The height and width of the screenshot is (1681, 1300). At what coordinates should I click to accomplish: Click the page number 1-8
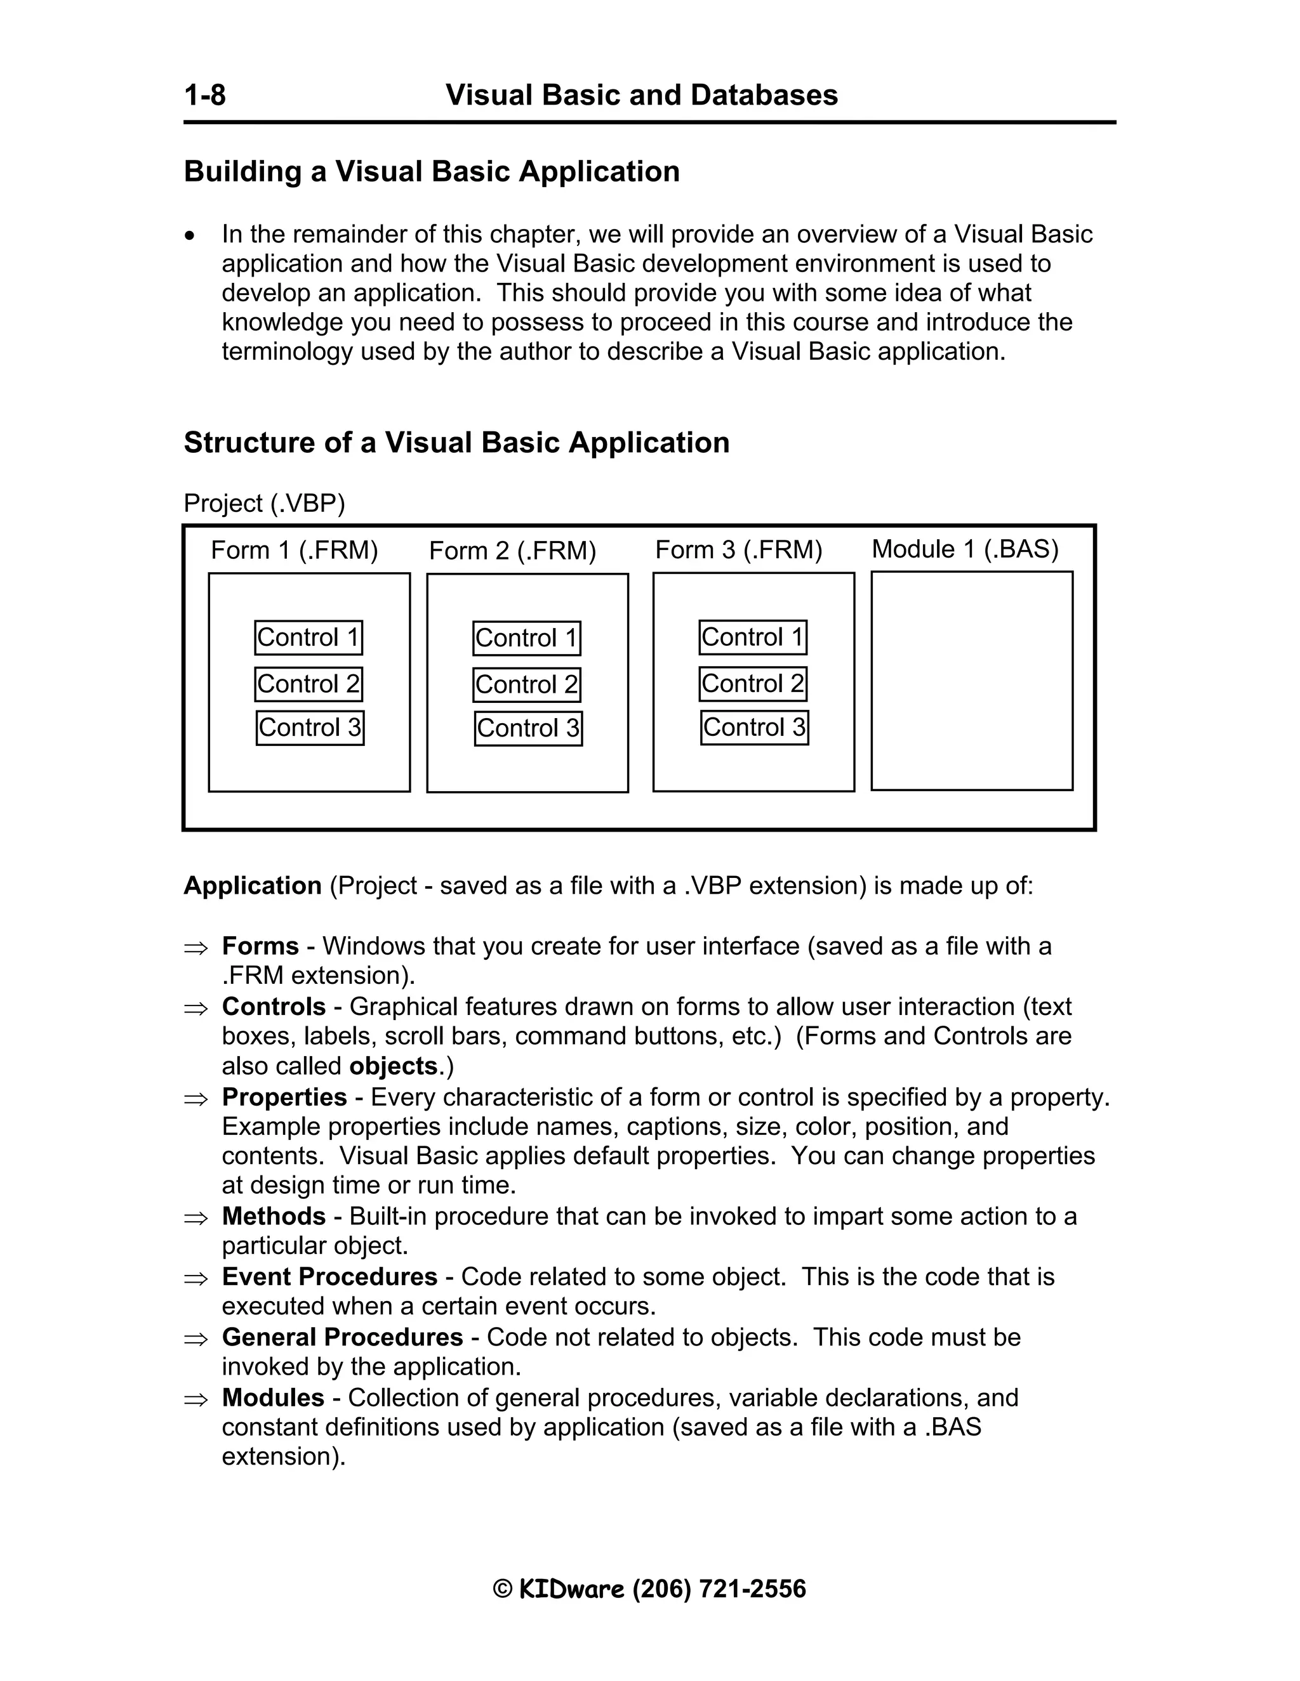pos(205,95)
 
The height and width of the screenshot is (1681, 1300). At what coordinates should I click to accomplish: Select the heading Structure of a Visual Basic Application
pos(456,443)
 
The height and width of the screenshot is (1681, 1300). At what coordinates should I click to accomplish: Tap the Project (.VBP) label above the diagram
pos(264,504)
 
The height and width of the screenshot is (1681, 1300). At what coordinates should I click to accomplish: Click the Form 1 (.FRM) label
pos(294,551)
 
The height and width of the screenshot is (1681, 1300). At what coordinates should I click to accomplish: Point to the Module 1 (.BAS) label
pos(965,549)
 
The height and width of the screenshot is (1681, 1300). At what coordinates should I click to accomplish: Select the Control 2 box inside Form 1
pos(308,683)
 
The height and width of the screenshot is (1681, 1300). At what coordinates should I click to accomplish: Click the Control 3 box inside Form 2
pos(527,728)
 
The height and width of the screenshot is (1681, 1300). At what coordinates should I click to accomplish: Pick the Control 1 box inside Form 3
pos(752,638)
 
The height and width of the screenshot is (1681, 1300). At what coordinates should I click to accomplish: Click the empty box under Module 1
pos(971,681)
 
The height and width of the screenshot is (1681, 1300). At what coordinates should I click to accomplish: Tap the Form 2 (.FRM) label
pos(512,551)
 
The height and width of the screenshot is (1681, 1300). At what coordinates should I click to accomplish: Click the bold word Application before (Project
pos(252,886)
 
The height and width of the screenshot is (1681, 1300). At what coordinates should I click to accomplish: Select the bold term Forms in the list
pos(260,946)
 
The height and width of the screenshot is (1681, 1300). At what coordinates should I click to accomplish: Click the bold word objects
pos(393,1066)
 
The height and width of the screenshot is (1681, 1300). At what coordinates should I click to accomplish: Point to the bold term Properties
pos(284,1097)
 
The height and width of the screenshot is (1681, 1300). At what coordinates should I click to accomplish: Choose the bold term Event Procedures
pos(329,1277)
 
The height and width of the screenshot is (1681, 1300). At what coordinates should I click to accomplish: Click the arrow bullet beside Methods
pos(196,1219)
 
